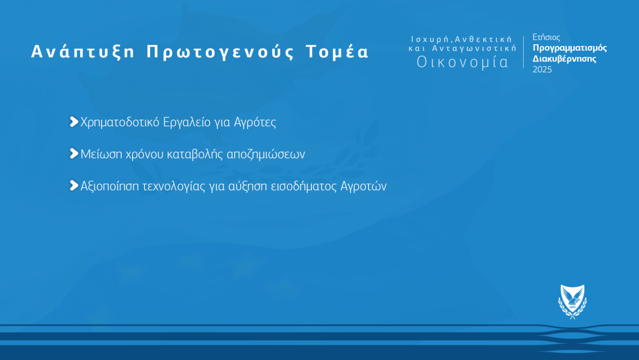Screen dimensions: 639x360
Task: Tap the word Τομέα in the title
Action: click(x=337, y=52)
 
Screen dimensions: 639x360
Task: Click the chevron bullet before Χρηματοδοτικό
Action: click(x=74, y=122)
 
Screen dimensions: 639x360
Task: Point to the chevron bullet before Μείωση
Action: click(x=74, y=154)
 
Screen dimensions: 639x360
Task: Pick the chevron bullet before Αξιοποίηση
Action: click(x=74, y=186)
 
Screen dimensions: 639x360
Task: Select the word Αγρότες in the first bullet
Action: click(x=255, y=122)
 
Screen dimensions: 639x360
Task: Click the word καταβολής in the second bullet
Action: click(x=190, y=155)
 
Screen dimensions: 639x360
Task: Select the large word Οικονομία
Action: click(x=463, y=62)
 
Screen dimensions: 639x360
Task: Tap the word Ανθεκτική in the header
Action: click(x=484, y=39)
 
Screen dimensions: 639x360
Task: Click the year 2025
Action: click(x=542, y=70)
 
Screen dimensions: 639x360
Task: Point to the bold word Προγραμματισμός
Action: click(x=570, y=48)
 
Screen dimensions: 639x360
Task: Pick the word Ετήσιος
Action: click(x=546, y=38)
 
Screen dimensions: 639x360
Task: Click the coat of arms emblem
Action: click(x=572, y=302)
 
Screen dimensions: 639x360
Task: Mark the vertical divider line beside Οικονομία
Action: click(x=524, y=52)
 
